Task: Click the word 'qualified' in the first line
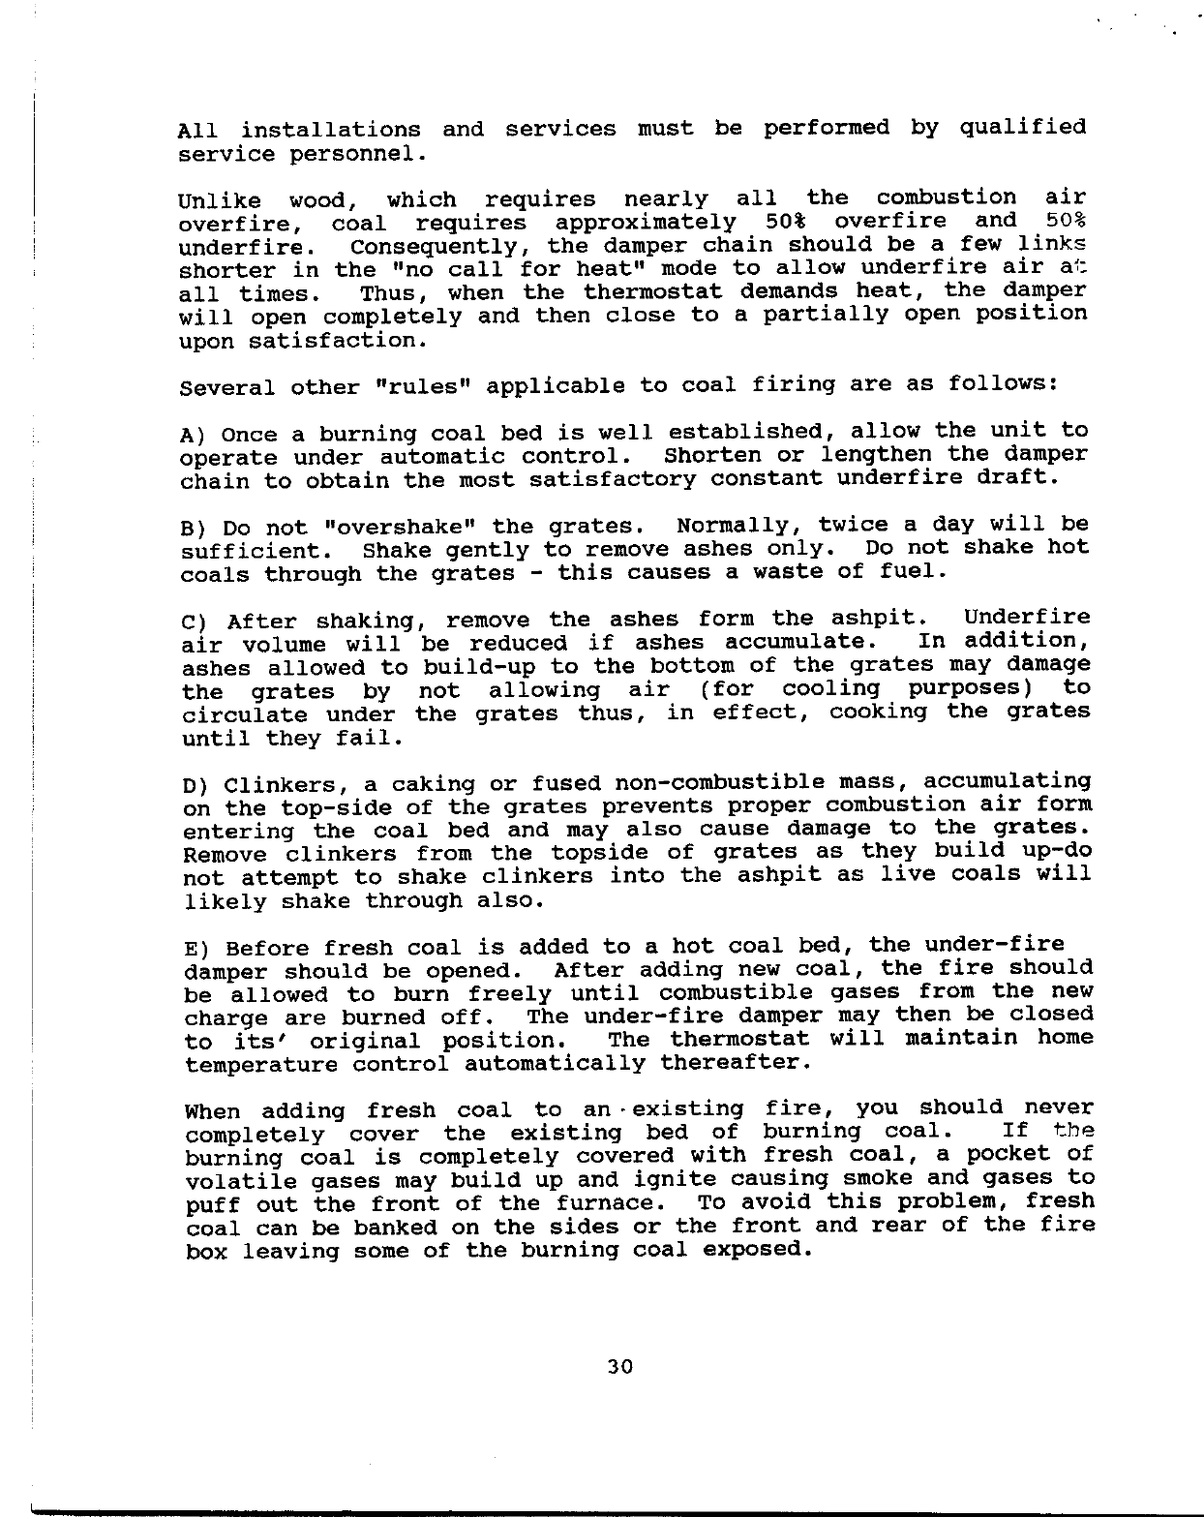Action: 1022,128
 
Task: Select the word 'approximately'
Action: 645,222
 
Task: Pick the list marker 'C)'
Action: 196,621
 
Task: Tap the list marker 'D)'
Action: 196,784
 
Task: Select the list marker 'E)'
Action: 196,947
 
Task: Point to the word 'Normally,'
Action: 738,525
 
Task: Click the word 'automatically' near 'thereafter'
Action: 555,1063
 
